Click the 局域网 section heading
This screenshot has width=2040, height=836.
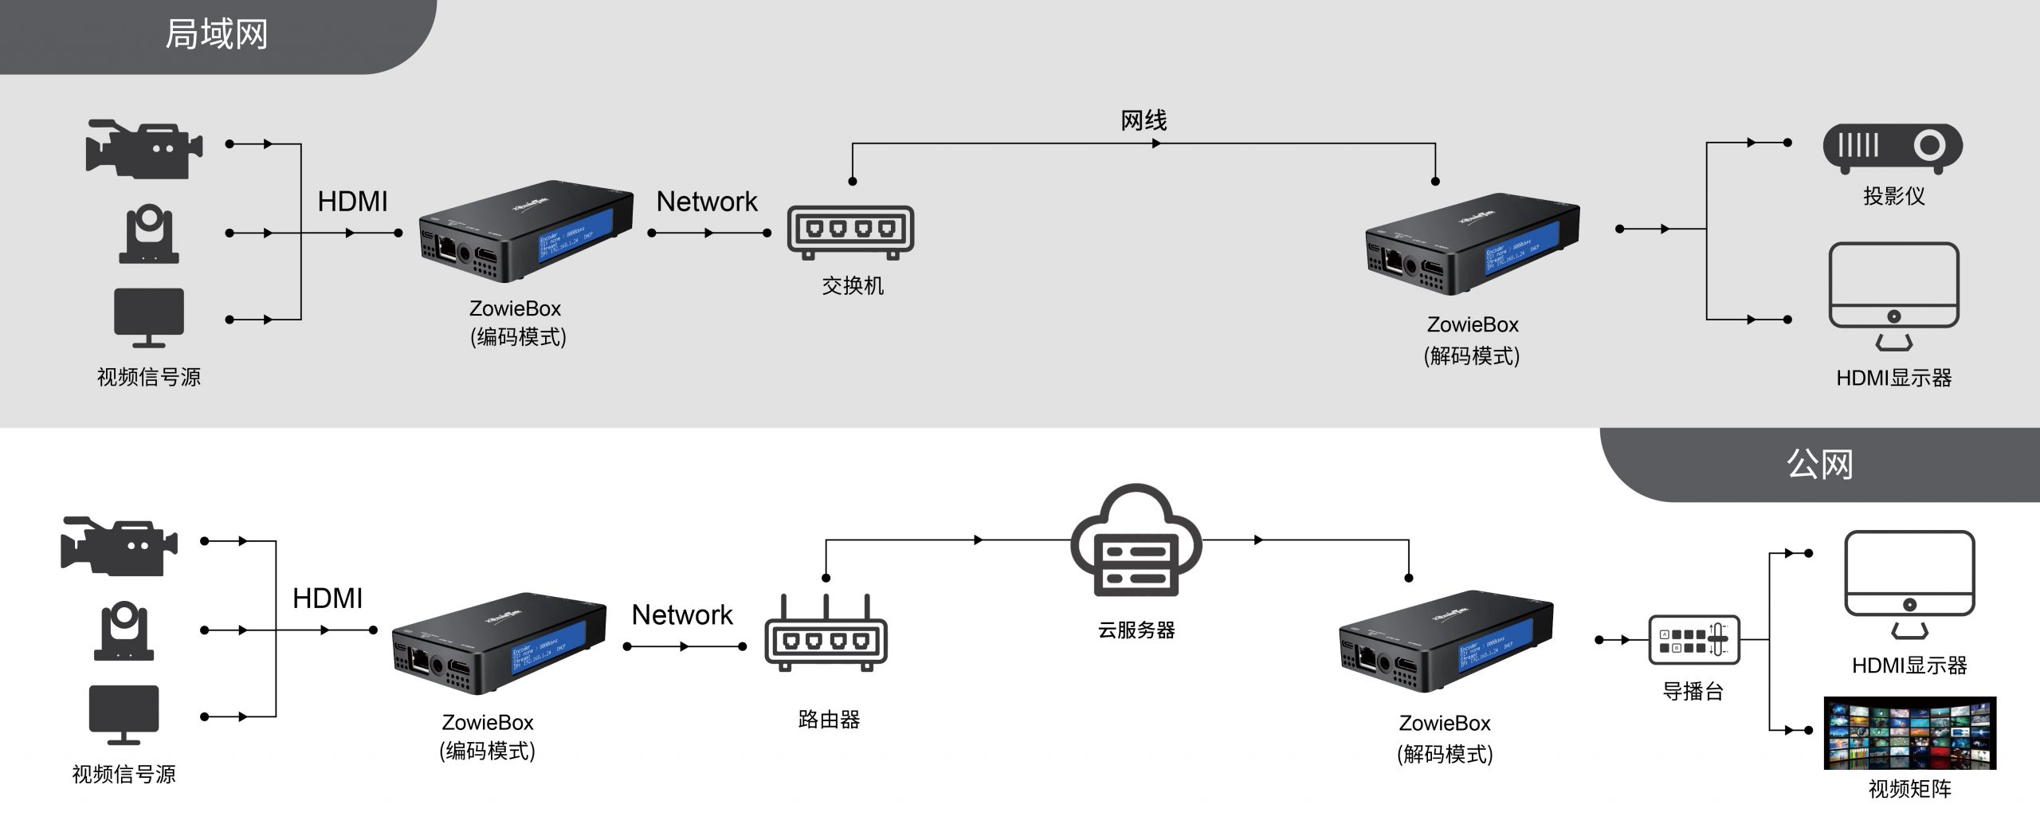click(x=216, y=35)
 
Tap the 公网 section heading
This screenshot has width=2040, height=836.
click(x=1818, y=464)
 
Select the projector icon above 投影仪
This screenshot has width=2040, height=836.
click(x=1893, y=148)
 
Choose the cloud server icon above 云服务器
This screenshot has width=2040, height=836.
click(x=1136, y=542)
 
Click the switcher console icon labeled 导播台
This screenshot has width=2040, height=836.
click(x=1693, y=640)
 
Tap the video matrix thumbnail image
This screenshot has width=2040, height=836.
click(x=1909, y=733)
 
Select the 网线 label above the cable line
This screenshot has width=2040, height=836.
click(x=1144, y=121)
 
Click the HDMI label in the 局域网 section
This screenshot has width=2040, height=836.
click(x=352, y=202)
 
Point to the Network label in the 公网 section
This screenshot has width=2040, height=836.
click(x=682, y=615)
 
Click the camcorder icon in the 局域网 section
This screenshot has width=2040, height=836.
click(x=144, y=149)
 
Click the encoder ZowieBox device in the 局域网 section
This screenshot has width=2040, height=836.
click(x=526, y=236)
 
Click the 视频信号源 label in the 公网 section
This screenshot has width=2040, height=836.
click(x=124, y=775)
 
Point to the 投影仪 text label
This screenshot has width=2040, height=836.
click(x=1893, y=196)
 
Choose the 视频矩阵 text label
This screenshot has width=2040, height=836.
click(x=1909, y=789)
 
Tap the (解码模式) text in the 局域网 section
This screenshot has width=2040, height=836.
click(x=1472, y=355)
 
